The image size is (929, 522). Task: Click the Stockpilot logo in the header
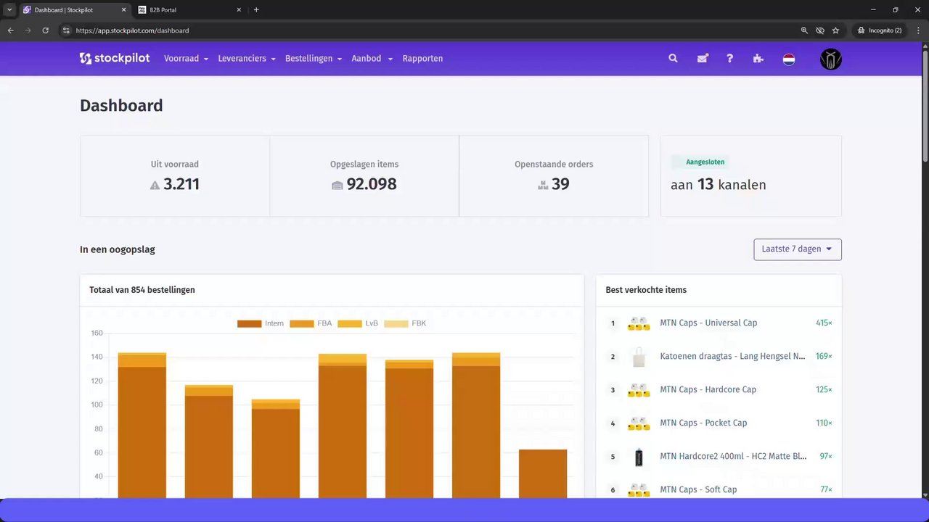tap(115, 59)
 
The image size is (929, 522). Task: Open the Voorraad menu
tap(186, 59)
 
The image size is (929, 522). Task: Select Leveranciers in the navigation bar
tap(246, 59)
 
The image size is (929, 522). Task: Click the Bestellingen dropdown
tap(313, 59)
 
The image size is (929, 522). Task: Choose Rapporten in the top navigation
tap(422, 59)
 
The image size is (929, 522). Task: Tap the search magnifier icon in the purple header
tap(673, 59)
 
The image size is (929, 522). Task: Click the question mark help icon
tap(730, 59)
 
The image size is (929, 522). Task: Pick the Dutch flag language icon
tap(789, 59)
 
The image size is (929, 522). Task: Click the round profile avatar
tap(831, 59)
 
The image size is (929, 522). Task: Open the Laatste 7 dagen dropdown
tap(798, 249)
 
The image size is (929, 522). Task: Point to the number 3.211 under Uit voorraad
tap(181, 184)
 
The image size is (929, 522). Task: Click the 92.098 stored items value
tap(371, 184)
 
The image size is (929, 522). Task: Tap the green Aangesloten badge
tap(705, 162)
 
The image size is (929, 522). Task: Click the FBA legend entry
tap(311, 323)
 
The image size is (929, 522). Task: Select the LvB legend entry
tap(359, 323)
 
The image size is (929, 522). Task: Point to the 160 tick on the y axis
tap(97, 333)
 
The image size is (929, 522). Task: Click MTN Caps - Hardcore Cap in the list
tap(708, 390)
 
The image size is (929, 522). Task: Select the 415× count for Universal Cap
tap(824, 323)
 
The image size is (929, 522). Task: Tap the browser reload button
tap(45, 30)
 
